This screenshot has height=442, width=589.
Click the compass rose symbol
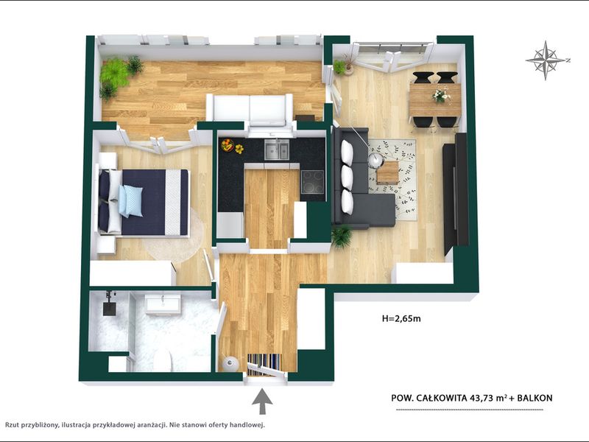[546, 60]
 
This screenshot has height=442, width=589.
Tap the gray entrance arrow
[262, 401]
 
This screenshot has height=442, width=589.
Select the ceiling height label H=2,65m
[401, 319]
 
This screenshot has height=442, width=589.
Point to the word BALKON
[535, 398]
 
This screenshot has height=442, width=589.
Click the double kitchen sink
[277, 150]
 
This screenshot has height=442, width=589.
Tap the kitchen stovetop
[312, 181]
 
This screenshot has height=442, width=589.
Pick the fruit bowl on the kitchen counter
[228, 145]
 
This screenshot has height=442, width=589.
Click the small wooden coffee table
[388, 172]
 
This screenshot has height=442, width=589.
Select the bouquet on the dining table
[440, 94]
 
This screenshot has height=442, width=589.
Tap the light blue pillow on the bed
[131, 200]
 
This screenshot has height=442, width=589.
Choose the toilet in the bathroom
[163, 360]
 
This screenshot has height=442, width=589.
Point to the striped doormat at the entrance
[264, 364]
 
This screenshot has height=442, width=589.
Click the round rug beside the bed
[174, 236]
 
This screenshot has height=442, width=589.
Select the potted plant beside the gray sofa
[342, 236]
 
